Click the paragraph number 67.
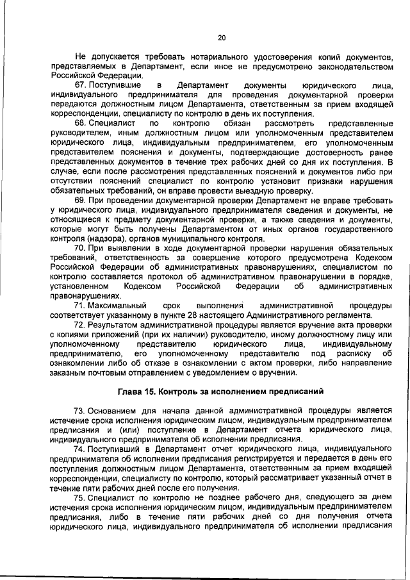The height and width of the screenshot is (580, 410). (x=80, y=86)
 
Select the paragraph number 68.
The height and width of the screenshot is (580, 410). (x=80, y=122)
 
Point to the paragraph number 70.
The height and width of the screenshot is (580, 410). (x=80, y=247)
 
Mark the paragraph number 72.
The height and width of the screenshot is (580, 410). (x=80, y=325)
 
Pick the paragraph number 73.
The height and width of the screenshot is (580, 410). (x=80, y=410)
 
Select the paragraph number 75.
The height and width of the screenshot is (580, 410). (x=80, y=497)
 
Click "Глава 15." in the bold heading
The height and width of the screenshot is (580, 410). (x=137, y=390)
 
